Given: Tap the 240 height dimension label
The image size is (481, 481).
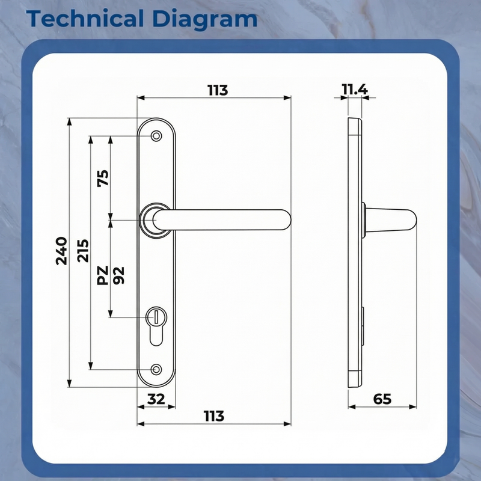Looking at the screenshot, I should [x=61, y=251].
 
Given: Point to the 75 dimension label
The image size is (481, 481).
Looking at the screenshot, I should [x=103, y=178].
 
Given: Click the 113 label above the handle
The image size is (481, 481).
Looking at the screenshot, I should [x=218, y=90].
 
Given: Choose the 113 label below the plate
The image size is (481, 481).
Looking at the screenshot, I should [x=213, y=415].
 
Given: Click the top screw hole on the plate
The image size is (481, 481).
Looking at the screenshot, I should [x=157, y=136].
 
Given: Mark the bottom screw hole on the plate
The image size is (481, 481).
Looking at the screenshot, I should [x=157, y=369].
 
